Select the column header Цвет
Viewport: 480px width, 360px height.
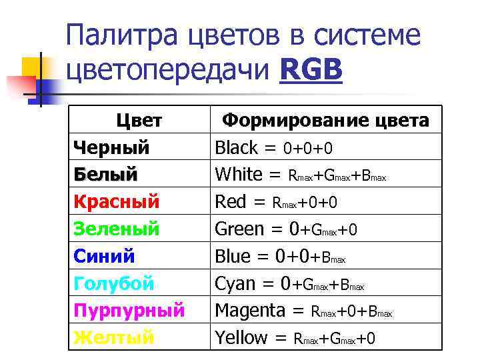tap(139, 121)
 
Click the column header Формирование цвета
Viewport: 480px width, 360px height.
tap(325, 121)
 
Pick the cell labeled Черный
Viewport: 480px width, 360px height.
tap(111, 147)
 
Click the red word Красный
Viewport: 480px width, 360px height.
tap(117, 201)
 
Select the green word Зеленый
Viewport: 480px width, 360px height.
tap(117, 229)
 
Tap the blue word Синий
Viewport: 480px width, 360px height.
tap(104, 256)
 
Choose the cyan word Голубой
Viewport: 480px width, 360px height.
tap(113, 283)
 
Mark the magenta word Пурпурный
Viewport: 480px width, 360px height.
tap(129, 311)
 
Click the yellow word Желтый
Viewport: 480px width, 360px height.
tap(113, 338)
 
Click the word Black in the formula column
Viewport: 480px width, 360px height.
tap(238, 147)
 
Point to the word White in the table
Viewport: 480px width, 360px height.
tap(239, 174)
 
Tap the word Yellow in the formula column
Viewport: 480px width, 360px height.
tap(241, 338)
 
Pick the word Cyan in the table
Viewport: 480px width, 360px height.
tap(235, 283)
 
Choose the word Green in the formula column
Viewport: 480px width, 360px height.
tap(239, 229)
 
